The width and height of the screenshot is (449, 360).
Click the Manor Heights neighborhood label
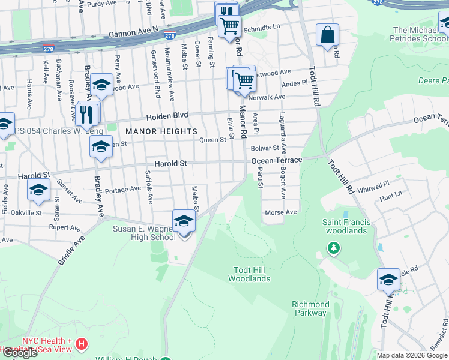[161, 131]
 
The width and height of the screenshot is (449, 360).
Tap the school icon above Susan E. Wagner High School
[184, 221]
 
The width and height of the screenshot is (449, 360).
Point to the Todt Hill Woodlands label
[249, 274]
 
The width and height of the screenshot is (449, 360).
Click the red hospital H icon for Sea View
[82, 345]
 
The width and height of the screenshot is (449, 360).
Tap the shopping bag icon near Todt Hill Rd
[327, 35]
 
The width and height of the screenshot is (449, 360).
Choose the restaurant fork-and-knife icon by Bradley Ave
[88, 113]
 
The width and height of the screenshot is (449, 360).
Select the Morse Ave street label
[281, 212]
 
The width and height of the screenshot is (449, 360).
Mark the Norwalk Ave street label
[267, 97]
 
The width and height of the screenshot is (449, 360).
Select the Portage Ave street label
[122, 190]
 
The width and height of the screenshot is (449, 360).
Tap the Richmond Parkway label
[310, 308]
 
